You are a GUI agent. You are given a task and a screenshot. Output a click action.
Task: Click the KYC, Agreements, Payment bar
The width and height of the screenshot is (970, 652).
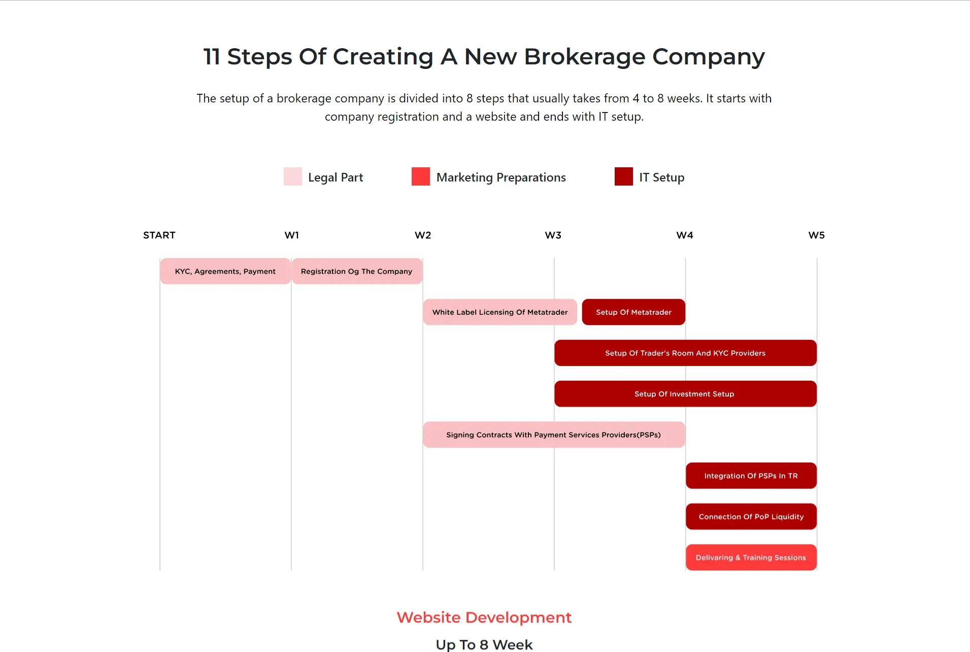click(225, 271)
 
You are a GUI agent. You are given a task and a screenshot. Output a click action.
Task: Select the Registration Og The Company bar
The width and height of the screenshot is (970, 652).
click(357, 271)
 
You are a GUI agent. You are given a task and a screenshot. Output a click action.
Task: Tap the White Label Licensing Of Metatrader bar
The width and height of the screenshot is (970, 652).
click(500, 312)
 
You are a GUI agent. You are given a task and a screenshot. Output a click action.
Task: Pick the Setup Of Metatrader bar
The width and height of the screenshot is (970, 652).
click(633, 312)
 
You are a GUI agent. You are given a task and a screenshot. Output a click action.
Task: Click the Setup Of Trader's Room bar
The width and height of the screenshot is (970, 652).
click(685, 353)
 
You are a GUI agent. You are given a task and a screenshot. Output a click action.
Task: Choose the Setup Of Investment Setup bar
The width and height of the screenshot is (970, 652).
click(685, 394)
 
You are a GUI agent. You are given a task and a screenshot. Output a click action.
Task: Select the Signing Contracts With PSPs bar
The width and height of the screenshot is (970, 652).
click(554, 434)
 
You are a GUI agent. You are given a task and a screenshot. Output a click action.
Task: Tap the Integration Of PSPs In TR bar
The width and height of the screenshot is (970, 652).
click(751, 476)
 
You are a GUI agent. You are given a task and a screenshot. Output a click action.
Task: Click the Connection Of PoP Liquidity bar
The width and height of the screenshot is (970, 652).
click(751, 517)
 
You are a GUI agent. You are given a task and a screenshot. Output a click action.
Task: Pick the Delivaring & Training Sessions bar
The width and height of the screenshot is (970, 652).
click(751, 557)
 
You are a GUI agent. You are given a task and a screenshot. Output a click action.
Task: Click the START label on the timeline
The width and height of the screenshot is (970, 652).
click(159, 235)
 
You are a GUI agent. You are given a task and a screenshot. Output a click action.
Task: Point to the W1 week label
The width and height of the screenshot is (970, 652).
click(292, 235)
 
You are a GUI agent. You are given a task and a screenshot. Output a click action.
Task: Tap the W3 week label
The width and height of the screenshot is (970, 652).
click(553, 235)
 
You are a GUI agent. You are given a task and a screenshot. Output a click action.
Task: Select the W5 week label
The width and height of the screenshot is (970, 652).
click(817, 235)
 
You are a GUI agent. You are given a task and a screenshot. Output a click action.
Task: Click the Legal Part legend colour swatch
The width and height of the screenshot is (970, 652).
click(293, 176)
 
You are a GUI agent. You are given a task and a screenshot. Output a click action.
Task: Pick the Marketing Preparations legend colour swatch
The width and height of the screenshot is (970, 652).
click(421, 176)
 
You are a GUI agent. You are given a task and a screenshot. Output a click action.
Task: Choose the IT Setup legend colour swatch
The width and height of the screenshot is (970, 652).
click(624, 176)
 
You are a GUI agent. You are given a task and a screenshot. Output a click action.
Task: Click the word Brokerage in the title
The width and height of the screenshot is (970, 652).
click(584, 57)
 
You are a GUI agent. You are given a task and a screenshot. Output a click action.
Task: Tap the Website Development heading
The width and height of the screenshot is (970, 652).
click(484, 618)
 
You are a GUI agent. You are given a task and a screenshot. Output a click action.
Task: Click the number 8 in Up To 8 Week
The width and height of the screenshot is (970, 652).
click(484, 645)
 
